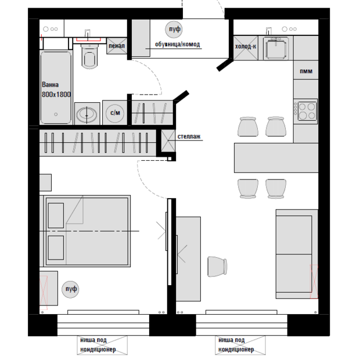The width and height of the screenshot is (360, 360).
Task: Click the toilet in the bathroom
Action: coord(89,56)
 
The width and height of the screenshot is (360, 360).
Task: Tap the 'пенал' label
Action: coord(117,46)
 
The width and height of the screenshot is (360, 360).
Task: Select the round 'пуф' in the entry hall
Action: coord(174,29)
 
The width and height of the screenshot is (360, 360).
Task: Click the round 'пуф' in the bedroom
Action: coord(71,289)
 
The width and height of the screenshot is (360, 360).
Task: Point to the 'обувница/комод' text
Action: coord(178,44)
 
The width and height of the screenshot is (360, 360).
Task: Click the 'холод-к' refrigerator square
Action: coord(246,48)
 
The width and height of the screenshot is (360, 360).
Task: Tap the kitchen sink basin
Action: coord(276,49)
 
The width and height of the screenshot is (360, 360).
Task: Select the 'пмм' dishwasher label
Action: coord(306,71)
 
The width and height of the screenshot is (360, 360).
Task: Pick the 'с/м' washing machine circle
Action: coord(115,113)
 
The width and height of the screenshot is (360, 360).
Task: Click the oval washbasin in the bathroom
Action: coord(87,114)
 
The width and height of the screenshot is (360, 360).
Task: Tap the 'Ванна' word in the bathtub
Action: coord(51,85)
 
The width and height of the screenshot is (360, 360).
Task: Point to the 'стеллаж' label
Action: coord(189,136)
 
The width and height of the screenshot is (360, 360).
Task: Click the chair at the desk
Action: coord(217,267)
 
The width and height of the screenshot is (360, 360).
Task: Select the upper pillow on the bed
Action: coord(56,215)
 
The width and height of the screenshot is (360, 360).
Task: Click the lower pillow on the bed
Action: coord(56,248)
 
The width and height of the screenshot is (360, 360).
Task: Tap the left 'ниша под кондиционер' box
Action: coord(102,345)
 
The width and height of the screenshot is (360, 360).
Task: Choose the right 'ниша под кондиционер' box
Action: coord(240,345)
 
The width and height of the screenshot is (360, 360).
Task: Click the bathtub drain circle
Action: coord(56,114)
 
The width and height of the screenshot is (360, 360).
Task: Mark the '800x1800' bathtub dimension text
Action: coord(56,95)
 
